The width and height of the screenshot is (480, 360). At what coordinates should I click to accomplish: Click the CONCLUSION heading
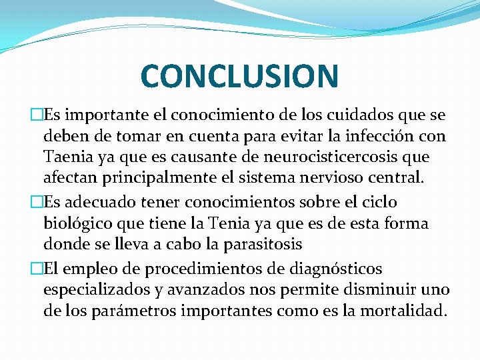[239, 75]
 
